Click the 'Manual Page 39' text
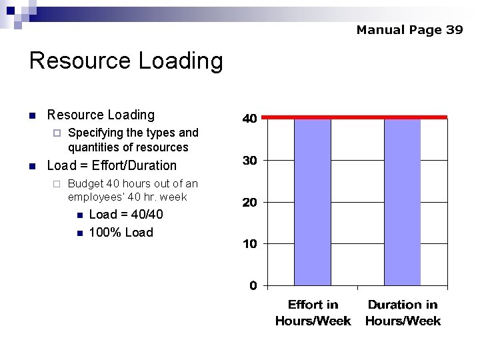[409, 29]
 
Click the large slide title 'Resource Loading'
[126, 61]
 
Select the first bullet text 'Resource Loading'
[101, 115]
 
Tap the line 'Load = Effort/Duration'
[112, 165]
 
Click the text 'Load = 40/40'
[125, 214]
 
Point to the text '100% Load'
[121, 232]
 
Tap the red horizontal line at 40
[354, 117]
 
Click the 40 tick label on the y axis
[249, 119]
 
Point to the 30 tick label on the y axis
[249, 160]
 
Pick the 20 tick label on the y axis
[249, 202]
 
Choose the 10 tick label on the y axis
[249, 244]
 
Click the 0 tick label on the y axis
[253, 285]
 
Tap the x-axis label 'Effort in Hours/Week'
[313, 313]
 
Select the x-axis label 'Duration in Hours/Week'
[403, 313]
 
